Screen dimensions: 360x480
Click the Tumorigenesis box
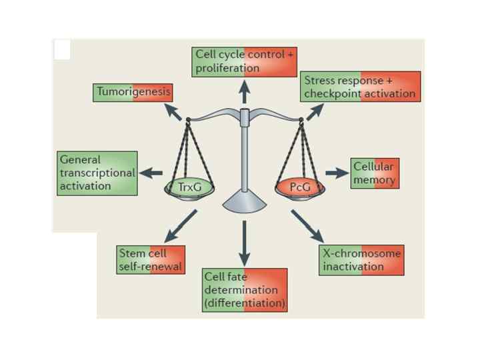click(133, 92)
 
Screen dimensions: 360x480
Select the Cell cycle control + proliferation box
click(245, 61)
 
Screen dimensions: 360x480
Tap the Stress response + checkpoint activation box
click(360, 87)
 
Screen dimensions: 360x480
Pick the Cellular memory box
click(375, 173)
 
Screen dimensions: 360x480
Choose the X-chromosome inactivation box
click(361, 260)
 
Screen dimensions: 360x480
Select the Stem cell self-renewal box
click(151, 260)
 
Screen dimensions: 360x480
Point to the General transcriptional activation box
click(97, 173)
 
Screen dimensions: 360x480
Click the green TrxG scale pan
click(190, 188)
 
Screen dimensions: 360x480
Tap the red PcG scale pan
click(299, 188)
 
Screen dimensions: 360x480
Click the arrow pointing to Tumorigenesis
click(174, 111)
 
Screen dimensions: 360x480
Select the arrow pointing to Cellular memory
click(336, 173)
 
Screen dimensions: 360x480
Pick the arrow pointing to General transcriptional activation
click(152, 173)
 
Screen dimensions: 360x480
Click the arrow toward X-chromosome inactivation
click(307, 227)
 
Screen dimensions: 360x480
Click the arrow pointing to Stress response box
click(314, 112)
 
